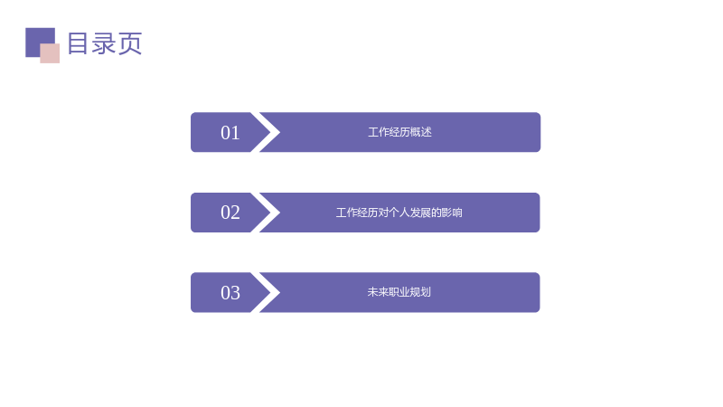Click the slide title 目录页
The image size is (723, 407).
(105, 43)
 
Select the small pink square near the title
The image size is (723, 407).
(50, 53)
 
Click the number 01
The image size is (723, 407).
(230, 133)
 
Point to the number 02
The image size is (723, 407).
(230, 213)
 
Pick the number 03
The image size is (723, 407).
(230, 293)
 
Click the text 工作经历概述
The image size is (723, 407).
(399, 132)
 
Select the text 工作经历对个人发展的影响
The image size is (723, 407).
(399, 213)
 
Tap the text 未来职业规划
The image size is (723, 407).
(399, 292)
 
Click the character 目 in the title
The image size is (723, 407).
(78, 43)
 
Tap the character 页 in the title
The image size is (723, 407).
(130, 43)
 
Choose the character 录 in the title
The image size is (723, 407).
(104, 43)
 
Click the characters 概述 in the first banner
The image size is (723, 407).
(421, 132)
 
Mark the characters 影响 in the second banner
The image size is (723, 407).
(452, 213)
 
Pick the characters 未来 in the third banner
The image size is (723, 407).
(378, 292)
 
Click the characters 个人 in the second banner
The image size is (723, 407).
(399, 213)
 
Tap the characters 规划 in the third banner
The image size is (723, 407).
(420, 292)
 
